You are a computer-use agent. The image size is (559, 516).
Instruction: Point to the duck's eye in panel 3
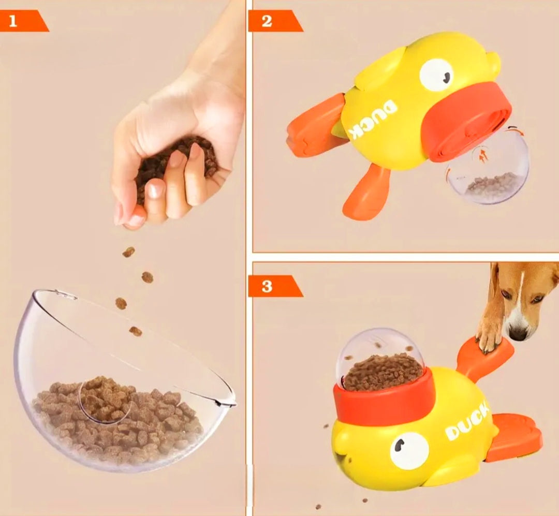[x=409, y=450]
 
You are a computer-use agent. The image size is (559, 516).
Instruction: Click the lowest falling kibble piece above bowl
[x=136, y=331]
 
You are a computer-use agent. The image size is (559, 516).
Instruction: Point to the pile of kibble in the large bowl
[x=119, y=419]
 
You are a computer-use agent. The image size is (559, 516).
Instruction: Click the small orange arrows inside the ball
[x=482, y=156]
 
